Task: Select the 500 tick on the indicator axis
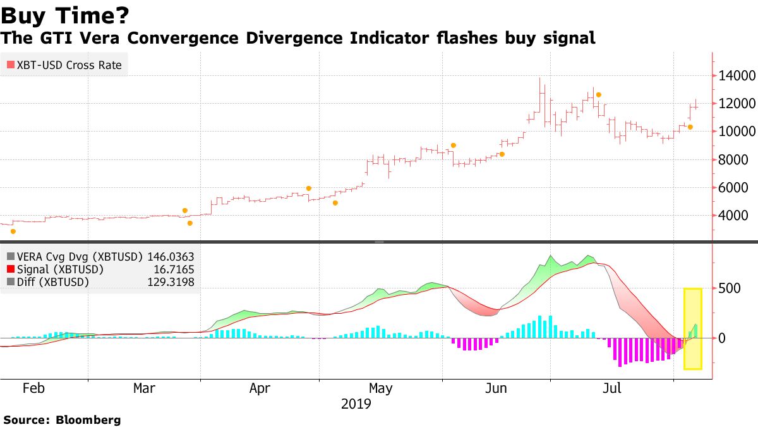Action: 730,288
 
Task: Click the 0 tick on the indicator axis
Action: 724,338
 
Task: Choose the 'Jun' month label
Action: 496,388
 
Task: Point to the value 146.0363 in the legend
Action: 171,257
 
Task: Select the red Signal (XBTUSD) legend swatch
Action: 10,269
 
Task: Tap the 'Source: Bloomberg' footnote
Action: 62,419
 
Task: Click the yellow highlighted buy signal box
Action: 693,328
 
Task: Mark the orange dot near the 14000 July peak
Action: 598,95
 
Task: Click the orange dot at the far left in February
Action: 13,232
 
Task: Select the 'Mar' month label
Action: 145,388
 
